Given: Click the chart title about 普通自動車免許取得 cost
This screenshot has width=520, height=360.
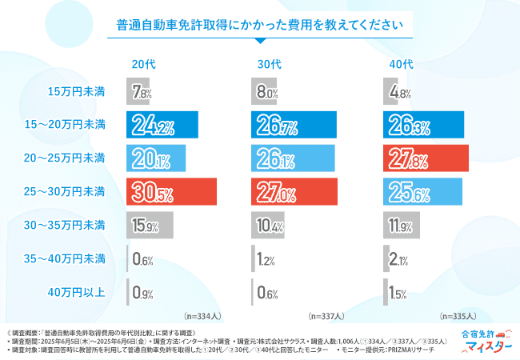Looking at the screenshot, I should (260, 25).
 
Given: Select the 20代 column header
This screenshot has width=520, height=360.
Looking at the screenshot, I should (144, 64).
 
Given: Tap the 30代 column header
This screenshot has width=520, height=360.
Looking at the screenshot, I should (270, 64).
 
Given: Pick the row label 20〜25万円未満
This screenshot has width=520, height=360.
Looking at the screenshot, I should (65, 158).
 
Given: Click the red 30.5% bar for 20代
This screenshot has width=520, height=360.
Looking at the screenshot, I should (172, 192).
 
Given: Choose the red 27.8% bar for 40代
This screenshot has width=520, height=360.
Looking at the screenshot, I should (426, 158).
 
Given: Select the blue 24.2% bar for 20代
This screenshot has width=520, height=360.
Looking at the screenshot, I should (162, 126).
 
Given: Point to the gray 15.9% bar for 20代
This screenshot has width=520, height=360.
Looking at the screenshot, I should (150, 226).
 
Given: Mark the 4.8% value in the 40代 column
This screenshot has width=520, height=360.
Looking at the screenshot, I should (401, 93).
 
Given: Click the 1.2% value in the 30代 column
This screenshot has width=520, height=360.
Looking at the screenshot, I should (268, 259).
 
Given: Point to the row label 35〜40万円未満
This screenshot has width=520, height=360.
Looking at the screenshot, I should (65, 258).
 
